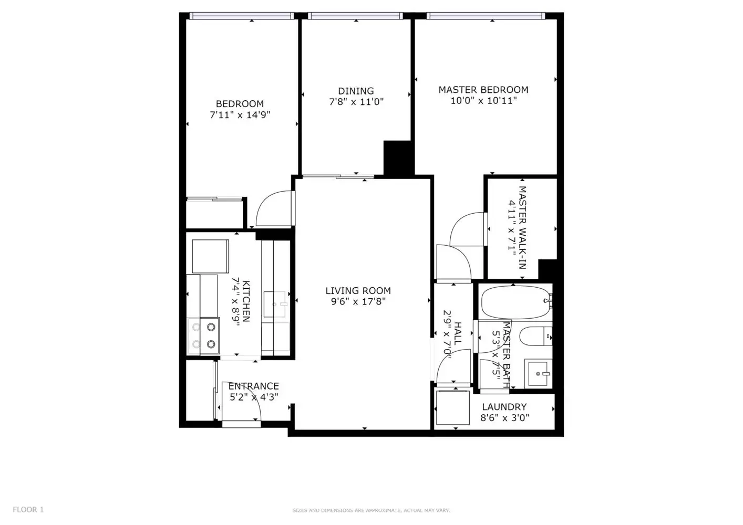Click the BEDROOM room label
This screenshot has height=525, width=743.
[240, 104]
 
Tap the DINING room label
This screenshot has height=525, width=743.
[356, 91]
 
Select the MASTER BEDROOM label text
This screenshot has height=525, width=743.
[483, 90]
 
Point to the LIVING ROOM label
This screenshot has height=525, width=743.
[358, 291]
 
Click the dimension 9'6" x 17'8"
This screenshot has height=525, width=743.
[358, 301]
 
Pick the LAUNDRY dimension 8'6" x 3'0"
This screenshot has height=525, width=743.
[504, 417]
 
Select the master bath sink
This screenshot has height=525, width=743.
[539, 373]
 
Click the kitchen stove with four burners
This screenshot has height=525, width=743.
[203, 336]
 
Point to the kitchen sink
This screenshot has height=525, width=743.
[275, 304]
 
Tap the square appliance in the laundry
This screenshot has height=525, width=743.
[453, 408]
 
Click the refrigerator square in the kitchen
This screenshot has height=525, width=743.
[210, 256]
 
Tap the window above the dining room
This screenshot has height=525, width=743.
[356, 16]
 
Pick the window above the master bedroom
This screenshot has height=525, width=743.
[486, 16]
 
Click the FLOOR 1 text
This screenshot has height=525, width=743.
[28, 510]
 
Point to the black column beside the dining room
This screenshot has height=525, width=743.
[399, 158]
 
